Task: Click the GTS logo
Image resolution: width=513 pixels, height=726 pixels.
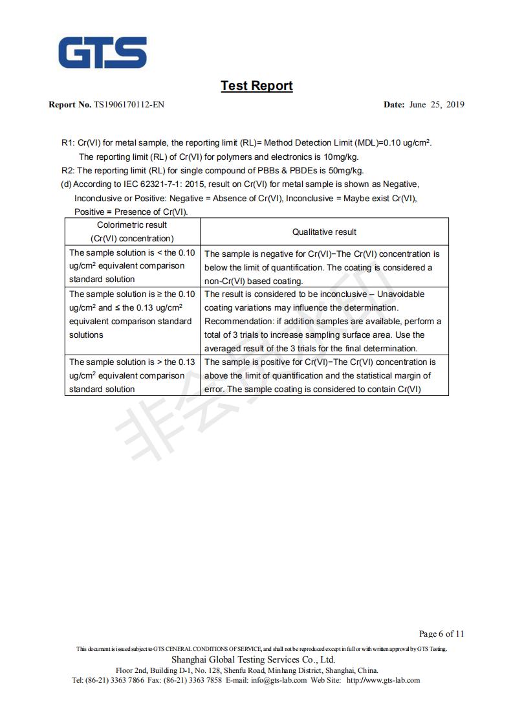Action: [103, 52]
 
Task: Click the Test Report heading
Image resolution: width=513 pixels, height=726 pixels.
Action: [256, 86]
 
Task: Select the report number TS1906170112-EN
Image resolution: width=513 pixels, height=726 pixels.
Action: [129, 105]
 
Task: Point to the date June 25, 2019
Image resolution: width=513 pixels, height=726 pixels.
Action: [437, 105]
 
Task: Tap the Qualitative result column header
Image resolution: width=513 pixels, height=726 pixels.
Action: [324, 232]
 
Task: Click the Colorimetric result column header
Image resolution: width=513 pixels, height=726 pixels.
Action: [132, 232]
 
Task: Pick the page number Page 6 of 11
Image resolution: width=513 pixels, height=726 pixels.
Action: [441, 633]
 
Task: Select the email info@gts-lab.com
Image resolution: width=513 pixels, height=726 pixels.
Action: [279, 680]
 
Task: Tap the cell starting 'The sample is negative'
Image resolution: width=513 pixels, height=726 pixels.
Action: [324, 267]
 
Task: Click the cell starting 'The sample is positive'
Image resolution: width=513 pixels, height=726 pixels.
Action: [324, 376]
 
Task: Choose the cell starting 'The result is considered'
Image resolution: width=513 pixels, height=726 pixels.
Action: [324, 322]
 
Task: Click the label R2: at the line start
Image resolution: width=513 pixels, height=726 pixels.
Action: [68, 171]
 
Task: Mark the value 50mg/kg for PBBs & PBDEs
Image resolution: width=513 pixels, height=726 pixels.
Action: [346, 171]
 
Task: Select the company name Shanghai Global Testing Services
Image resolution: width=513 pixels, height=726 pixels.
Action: [253, 659]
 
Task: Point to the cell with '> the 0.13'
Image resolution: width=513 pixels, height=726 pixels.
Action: [132, 376]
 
